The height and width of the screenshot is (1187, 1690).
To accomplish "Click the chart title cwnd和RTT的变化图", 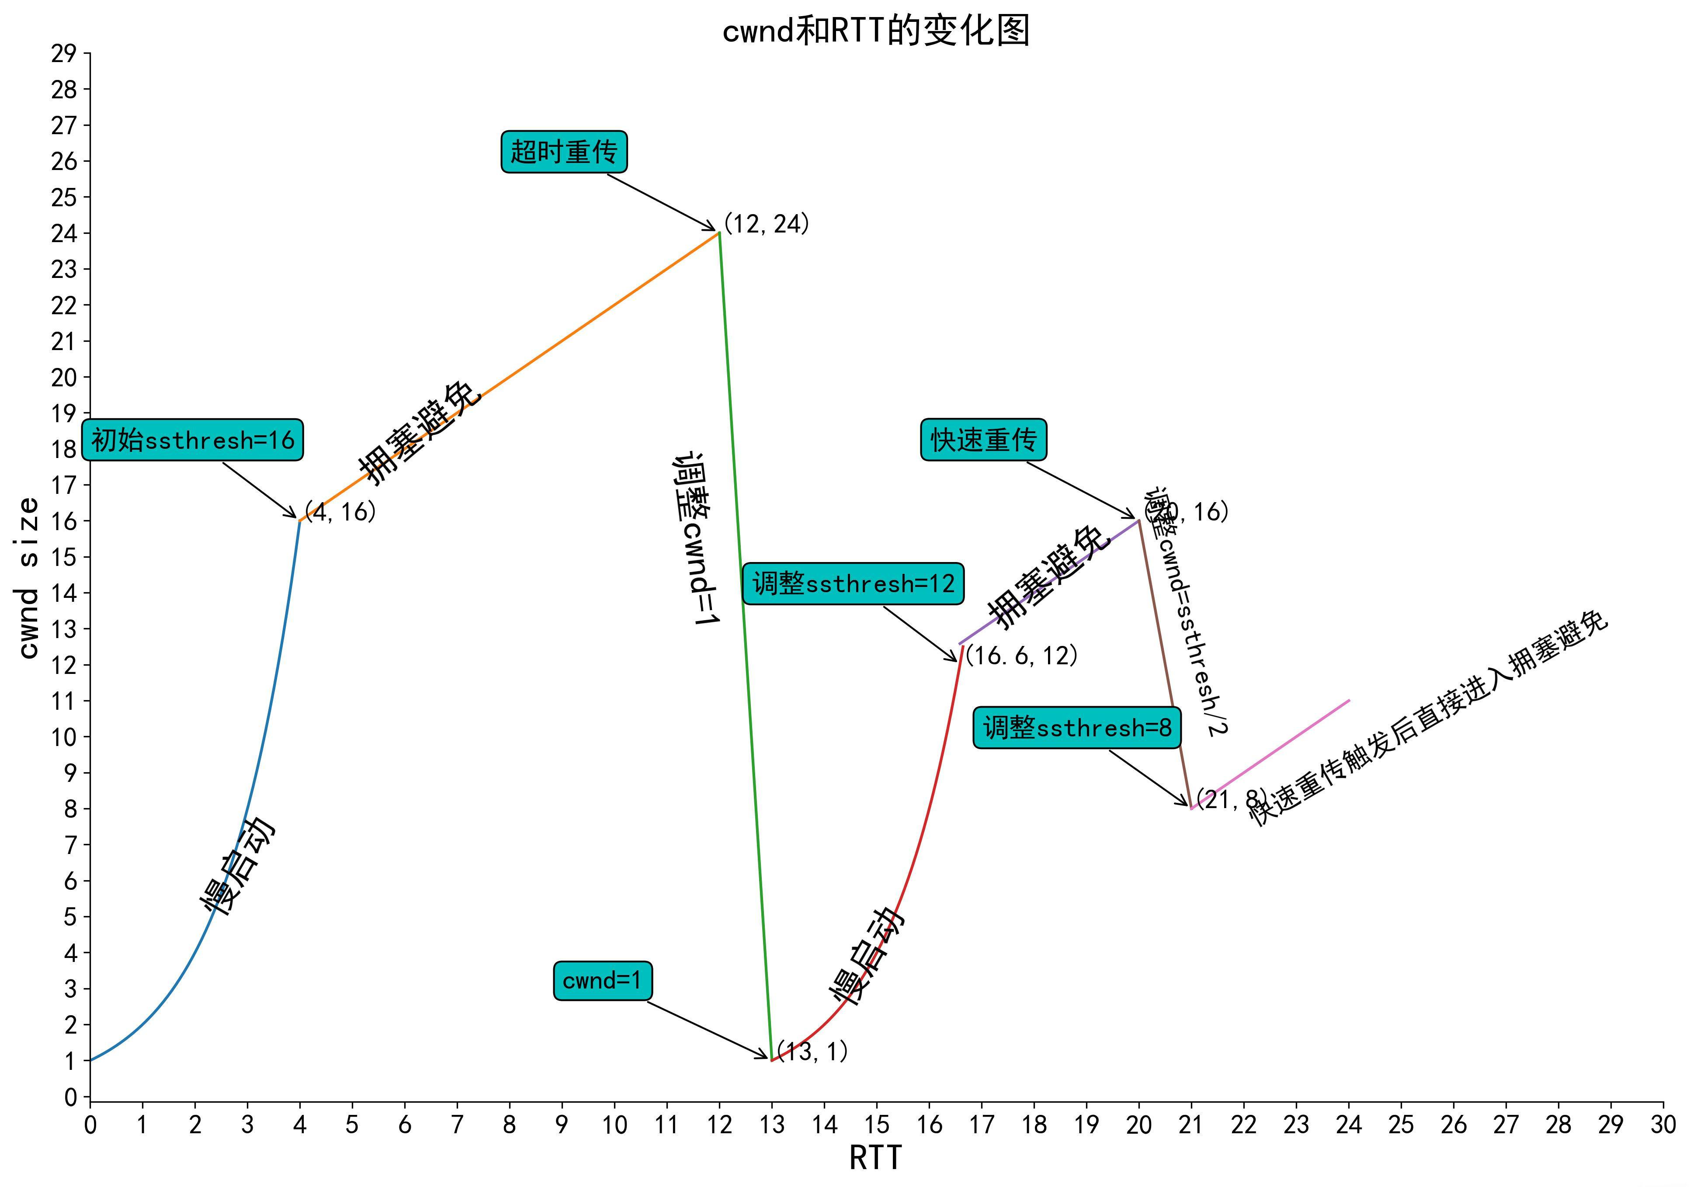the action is [x=875, y=31].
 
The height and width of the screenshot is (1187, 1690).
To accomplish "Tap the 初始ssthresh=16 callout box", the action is [x=192, y=440].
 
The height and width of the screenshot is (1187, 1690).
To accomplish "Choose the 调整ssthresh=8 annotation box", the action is [x=1077, y=728].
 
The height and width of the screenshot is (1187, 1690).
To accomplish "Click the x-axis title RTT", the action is [x=875, y=1158].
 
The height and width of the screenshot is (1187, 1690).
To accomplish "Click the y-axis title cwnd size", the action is [x=28, y=578].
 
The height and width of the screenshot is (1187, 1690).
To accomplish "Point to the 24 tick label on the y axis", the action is [x=64, y=233].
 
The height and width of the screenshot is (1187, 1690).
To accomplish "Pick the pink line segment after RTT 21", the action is [x=1270, y=754].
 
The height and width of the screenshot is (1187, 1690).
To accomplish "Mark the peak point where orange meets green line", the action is [x=719, y=233].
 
